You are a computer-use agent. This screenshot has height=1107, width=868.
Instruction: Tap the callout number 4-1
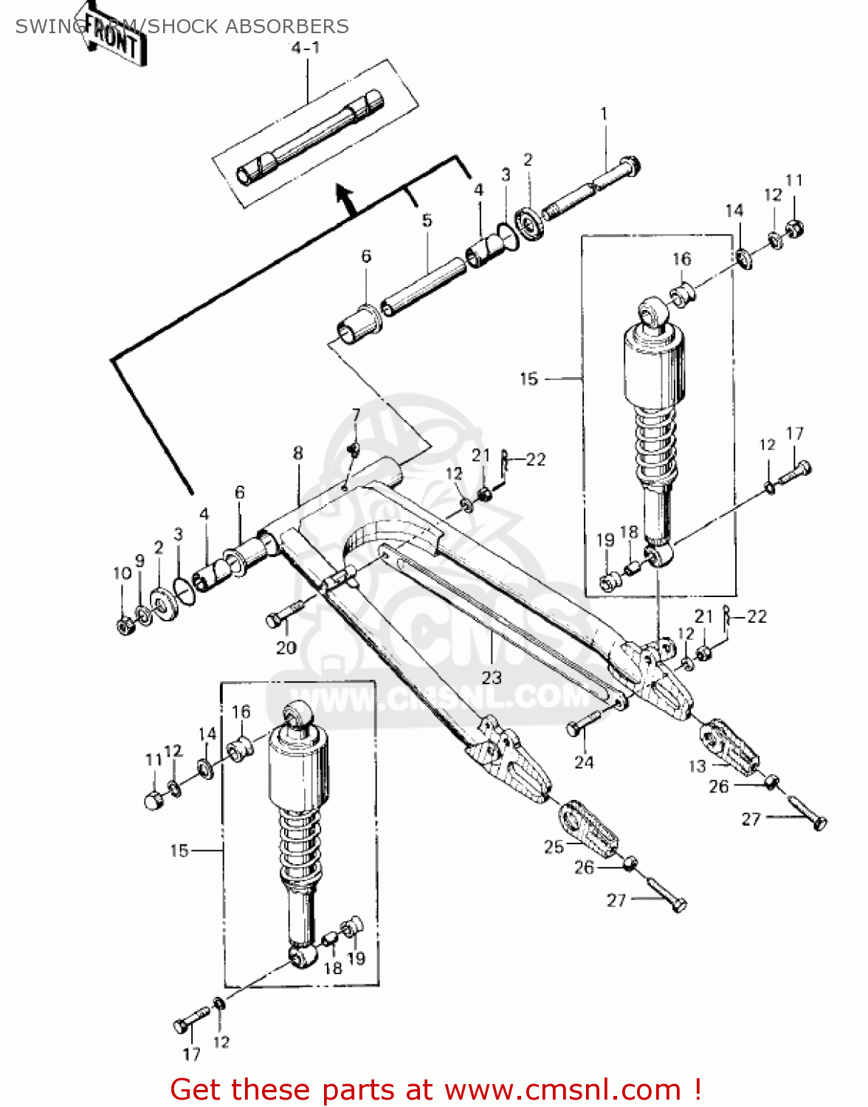[304, 48]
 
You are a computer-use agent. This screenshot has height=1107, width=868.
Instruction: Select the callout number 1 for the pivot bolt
[604, 114]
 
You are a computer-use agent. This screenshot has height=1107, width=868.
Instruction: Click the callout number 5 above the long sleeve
[427, 220]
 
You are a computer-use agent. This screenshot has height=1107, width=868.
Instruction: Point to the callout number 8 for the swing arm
[297, 452]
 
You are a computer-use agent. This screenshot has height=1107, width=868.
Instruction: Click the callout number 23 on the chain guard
[492, 677]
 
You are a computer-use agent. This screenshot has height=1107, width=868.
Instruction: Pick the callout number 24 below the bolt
[584, 762]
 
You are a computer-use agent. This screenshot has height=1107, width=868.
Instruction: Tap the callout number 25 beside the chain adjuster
[554, 846]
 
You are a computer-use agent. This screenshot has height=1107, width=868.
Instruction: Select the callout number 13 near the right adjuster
[697, 766]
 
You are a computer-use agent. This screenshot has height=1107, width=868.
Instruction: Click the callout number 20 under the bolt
[286, 647]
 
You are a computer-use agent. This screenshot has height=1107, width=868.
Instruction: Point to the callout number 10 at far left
[122, 573]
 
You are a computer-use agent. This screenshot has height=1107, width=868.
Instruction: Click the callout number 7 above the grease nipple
[356, 414]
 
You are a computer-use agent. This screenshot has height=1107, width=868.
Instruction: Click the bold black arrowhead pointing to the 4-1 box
[344, 196]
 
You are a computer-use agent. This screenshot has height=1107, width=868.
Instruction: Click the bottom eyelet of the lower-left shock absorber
[301, 956]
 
